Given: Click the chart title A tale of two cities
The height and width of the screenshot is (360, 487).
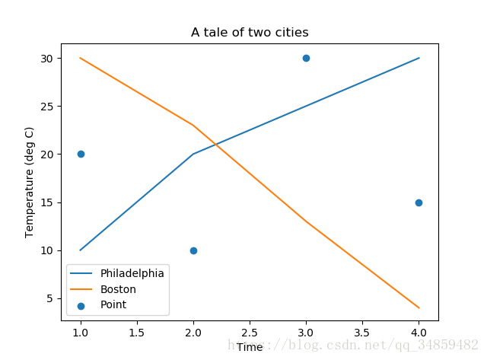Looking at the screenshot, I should pyautogui.click(x=250, y=32).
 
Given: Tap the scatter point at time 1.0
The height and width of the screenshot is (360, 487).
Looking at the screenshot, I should pyautogui.click(x=81, y=154).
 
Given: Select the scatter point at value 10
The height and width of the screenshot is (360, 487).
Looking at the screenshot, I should pyautogui.click(x=193, y=250).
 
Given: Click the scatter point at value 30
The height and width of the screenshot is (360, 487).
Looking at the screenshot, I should pyautogui.click(x=306, y=58).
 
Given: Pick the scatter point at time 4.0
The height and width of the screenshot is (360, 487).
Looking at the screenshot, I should pyautogui.click(x=419, y=202).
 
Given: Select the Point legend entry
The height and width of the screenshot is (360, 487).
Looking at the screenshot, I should pyautogui.click(x=113, y=305).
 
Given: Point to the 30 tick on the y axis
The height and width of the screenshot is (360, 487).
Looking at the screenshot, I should pyautogui.click(x=47, y=58).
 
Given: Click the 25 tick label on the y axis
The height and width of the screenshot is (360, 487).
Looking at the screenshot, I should pyautogui.click(x=47, y=106).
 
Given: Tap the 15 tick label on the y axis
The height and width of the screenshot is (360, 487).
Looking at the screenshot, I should pyautogui.click(x=47, y=202).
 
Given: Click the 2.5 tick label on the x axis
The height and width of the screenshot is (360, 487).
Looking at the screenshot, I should pyautogui.click(x=250, y=333).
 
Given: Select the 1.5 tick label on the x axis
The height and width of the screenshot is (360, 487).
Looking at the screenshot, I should pyautogui.click(x=137, y=333).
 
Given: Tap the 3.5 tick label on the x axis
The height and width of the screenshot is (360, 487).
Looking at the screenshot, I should pyautogui.click(x=362, y=333).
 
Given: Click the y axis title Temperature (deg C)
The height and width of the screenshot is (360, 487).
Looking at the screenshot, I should pyautogui.click(x=30, y=182).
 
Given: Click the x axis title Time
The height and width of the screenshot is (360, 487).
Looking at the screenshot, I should pyautogui.click(x=250, y=347).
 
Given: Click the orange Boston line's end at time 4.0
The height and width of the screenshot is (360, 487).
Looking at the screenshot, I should pyautogui.click(x=419, y=307).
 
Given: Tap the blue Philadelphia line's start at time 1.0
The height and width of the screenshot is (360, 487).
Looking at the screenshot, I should pyautogui.click(x=81, y=250).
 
